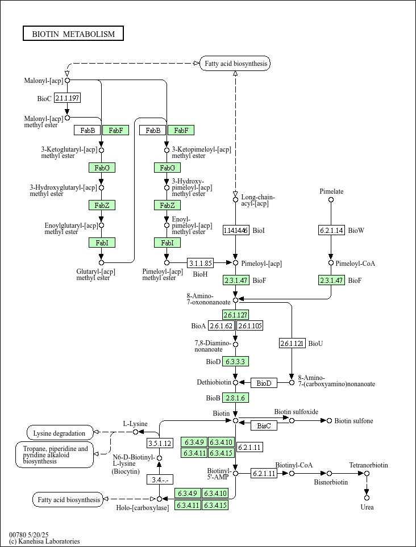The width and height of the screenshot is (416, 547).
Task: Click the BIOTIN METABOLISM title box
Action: click(73, 34)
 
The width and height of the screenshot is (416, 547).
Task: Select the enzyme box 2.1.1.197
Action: click(67, 98)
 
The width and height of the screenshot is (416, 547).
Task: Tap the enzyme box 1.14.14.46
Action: click(236, 230)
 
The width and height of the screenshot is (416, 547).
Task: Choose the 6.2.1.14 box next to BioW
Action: click(331, 230)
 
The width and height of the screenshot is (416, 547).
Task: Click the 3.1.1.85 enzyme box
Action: click(201, 263)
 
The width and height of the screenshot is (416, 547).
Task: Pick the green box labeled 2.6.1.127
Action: click(236, 315)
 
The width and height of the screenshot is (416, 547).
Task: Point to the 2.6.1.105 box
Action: click(249, 325)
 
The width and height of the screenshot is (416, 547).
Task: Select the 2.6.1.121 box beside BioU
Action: click(292, 343)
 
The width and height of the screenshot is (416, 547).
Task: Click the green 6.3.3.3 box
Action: click(236, 361)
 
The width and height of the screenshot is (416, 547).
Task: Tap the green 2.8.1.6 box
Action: click(236, 398)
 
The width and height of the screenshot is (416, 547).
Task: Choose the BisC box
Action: click(264, 425)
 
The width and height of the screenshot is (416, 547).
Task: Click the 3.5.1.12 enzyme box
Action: click(160, 443)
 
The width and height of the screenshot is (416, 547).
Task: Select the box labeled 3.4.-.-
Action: click(160, 479)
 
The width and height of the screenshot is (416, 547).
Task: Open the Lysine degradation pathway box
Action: click(60, 433)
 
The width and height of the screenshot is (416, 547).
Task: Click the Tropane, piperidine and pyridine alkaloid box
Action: click(55, 455)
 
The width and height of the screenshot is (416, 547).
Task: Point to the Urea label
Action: click(367, 507)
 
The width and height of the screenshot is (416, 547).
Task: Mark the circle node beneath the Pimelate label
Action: click(331, 200)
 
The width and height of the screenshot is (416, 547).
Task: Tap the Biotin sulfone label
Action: click(353, 421)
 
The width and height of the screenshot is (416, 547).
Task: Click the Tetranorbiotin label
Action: click(369, 465)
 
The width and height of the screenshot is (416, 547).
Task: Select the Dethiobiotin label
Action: click(214, 383)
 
